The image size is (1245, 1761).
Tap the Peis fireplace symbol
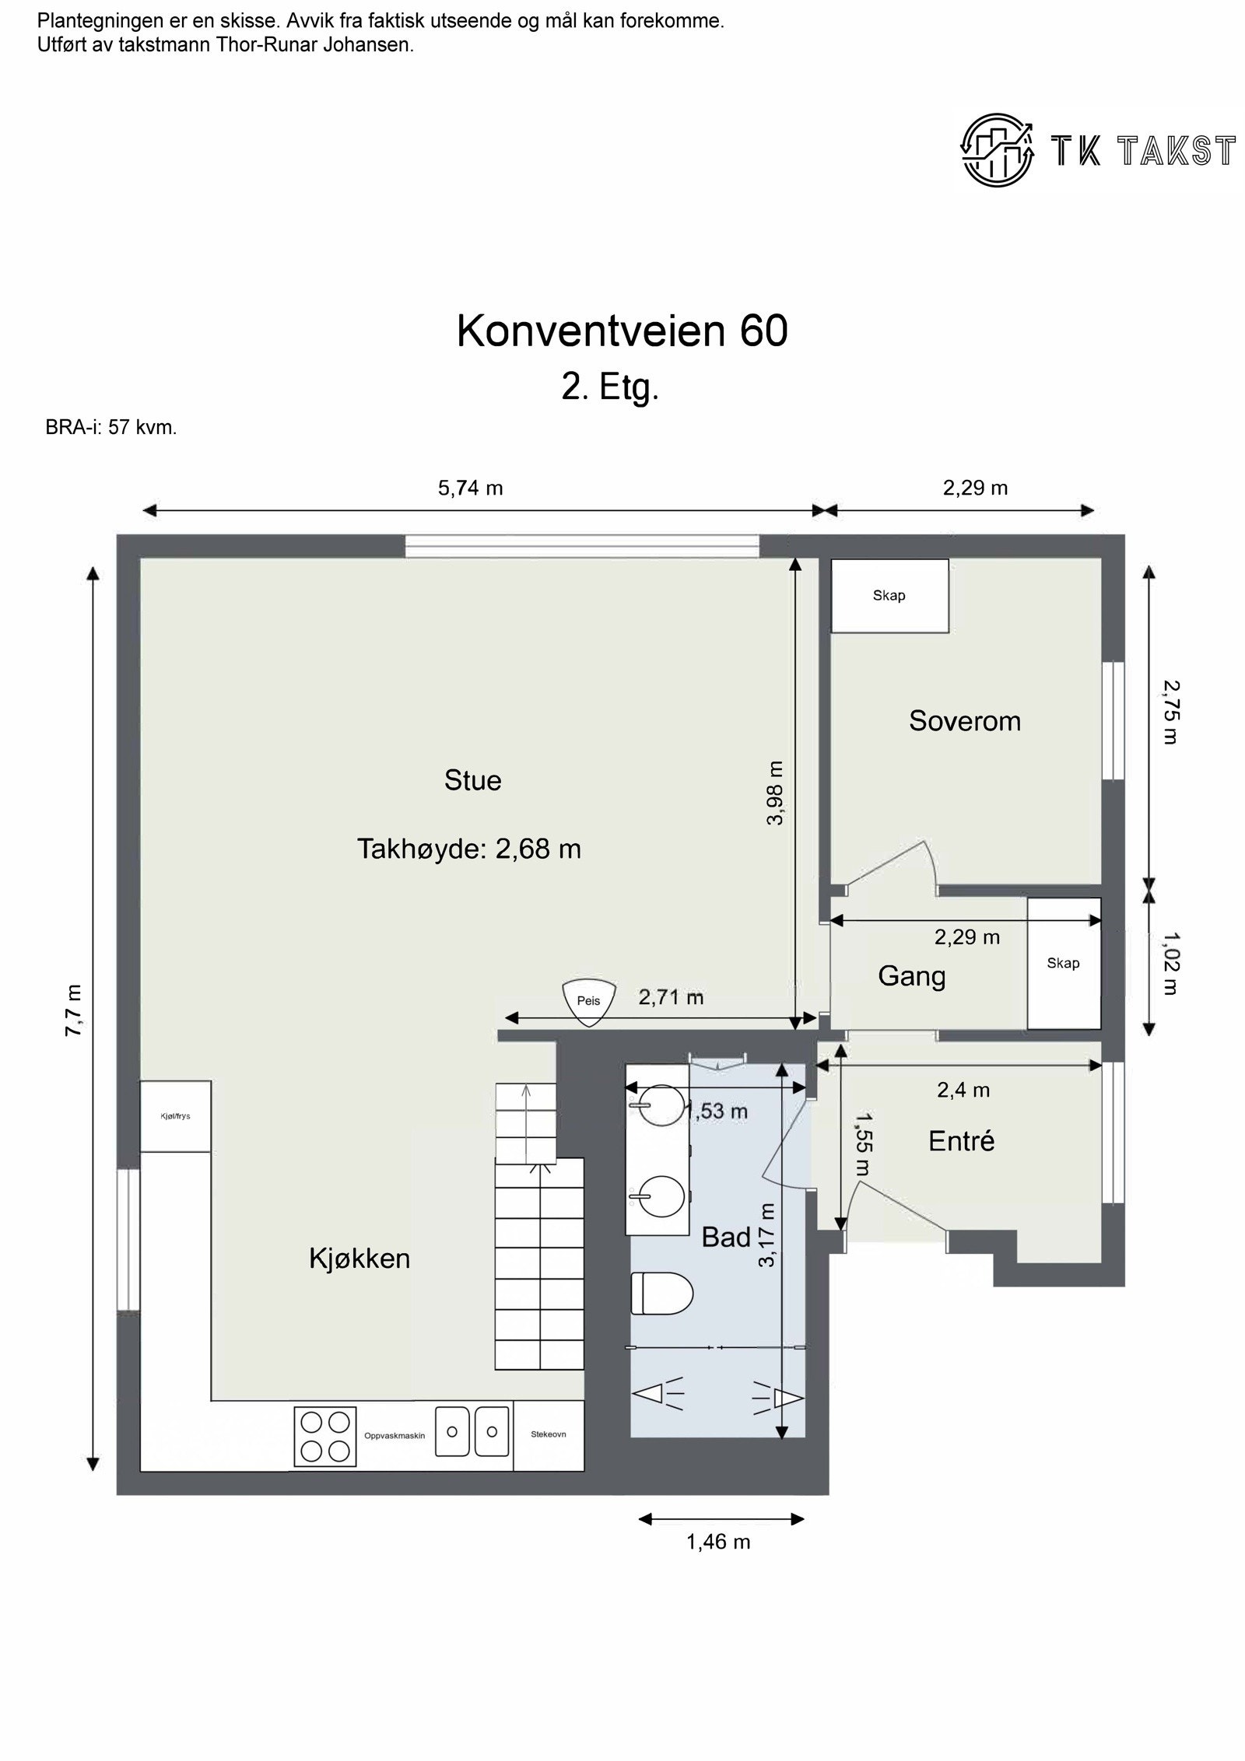click(588, 1001)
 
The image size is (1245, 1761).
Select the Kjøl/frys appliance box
click(175, 1116)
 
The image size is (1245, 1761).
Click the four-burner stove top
click(324, 1435)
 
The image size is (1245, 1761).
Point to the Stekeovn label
click(548, 1434)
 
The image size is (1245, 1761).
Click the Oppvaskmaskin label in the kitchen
click(395, 1436)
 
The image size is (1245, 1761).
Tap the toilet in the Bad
click(661, 1294)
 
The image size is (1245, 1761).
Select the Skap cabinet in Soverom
click(889, 596)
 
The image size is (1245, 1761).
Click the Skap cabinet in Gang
click(1063, 963)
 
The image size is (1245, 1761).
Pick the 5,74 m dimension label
click(470, 488)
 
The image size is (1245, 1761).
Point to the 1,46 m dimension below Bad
click(717, 1542)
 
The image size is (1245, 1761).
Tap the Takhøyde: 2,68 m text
click(468, 849)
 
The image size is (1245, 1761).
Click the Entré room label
click(961, 1141)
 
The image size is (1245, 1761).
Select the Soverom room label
click(964, 721)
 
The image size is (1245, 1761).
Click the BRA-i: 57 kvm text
click(111, 428)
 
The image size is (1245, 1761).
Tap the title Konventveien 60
click(622, 331)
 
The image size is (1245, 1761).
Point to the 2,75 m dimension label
click(1170, 712)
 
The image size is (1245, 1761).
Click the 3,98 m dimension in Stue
click(775, 793)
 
